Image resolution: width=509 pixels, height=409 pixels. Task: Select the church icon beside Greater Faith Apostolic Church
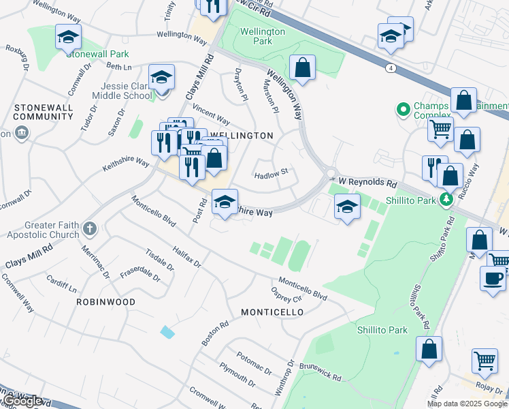coord(91,229)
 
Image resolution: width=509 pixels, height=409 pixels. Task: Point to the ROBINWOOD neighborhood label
coord(105,301)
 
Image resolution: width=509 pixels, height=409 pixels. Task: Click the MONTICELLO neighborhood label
coord(272,312)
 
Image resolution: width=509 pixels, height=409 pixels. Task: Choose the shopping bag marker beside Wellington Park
coord(302,68)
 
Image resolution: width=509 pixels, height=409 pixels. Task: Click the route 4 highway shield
coord(390,68)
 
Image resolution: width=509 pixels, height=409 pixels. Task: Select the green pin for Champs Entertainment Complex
coord(402,108)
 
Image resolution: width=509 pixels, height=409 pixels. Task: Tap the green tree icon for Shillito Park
coord(446,199)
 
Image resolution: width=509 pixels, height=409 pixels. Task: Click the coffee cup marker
coord(493,279)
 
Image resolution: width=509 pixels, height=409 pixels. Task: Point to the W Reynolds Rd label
coord(367,183)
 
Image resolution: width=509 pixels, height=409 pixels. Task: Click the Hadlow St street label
coord(272,175)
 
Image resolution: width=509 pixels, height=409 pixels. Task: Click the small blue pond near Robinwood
coord(167,332)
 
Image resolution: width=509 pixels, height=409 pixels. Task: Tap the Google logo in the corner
coord(23,402)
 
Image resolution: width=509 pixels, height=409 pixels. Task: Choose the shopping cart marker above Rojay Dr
coord(485,361)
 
